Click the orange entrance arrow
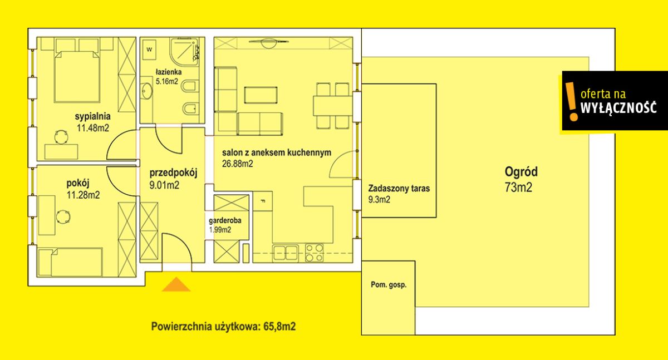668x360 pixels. [x=176, y=284]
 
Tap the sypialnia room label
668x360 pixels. [x=92, y=116]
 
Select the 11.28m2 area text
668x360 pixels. [x=83, y=195]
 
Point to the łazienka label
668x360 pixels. [x=169, y=72]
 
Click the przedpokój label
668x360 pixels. [x=173, y=173]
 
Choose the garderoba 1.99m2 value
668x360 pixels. [x=220, y=230]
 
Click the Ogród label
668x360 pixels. [x=521, y=172]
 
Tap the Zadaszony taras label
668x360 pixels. [x=399, y=188]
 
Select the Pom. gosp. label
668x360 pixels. [x=389, y=285]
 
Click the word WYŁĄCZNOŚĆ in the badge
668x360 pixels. [x=618, y=107]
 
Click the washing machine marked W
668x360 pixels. [x=149, y=49]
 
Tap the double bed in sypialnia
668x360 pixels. [x=77, y=76]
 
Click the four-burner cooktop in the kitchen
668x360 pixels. [x=314, y=253]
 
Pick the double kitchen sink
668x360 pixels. [x=286, y=253]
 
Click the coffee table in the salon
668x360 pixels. [x=261, y=95]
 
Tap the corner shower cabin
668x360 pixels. [x=184, y=51]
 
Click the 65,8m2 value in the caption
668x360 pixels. [x=279, y=327]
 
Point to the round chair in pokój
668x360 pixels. [x=63, y=216]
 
